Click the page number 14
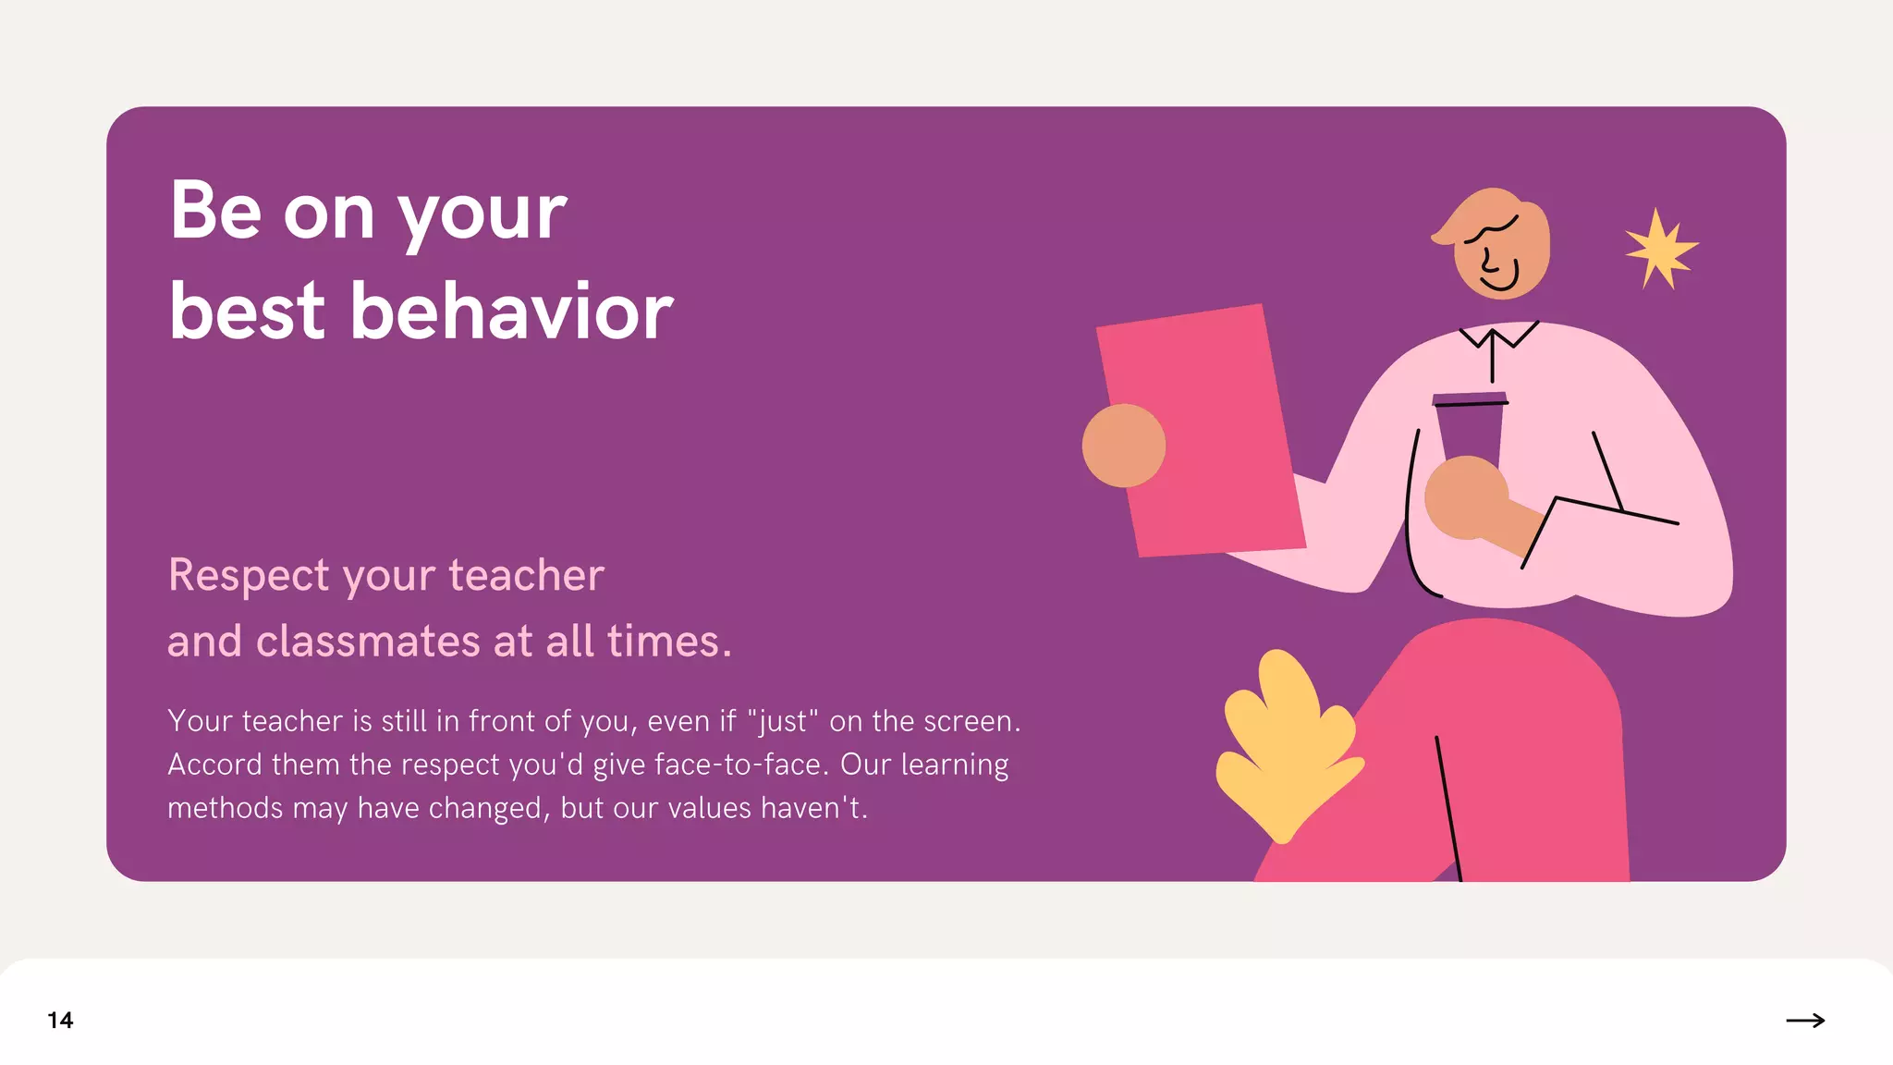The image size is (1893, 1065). coord(60,1020)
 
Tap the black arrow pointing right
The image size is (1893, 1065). coord(1805,1020)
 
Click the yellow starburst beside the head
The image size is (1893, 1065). coord(1661,249)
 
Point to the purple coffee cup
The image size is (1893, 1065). coord(1468,425)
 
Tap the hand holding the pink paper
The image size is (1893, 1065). coord(1123,446)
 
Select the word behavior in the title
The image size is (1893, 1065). coord(511,312)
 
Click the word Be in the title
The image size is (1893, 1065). coord(215,211)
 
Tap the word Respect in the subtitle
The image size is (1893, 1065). coord(249,576)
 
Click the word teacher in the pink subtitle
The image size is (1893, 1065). coord(526,575)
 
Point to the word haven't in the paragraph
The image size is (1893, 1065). coord(813,808)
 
